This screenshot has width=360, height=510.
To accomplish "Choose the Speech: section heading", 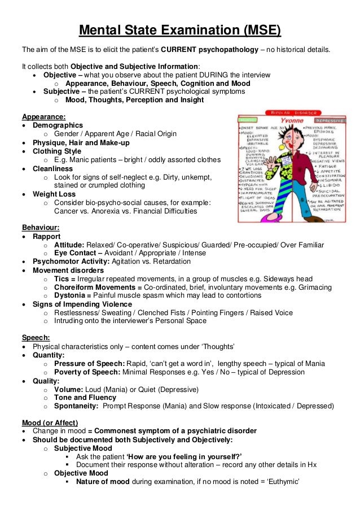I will pos(36,337).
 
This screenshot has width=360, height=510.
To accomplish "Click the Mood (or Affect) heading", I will pos(50,422).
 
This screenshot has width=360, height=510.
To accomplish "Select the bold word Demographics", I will pos(58,125).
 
